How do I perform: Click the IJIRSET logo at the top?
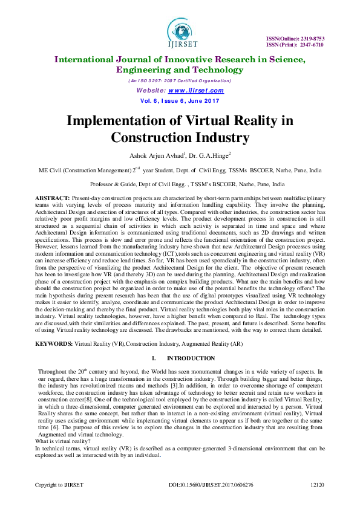[x=180, y=29]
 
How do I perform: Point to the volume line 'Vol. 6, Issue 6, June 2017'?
[x=179, y=100]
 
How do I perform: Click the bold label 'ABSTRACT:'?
[x=52, y=198]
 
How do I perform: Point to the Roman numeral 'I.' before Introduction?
[x=155, y=359]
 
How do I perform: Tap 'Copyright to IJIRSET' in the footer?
[x=59, y=485]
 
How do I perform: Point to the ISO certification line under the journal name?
[x=179, y=81]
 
